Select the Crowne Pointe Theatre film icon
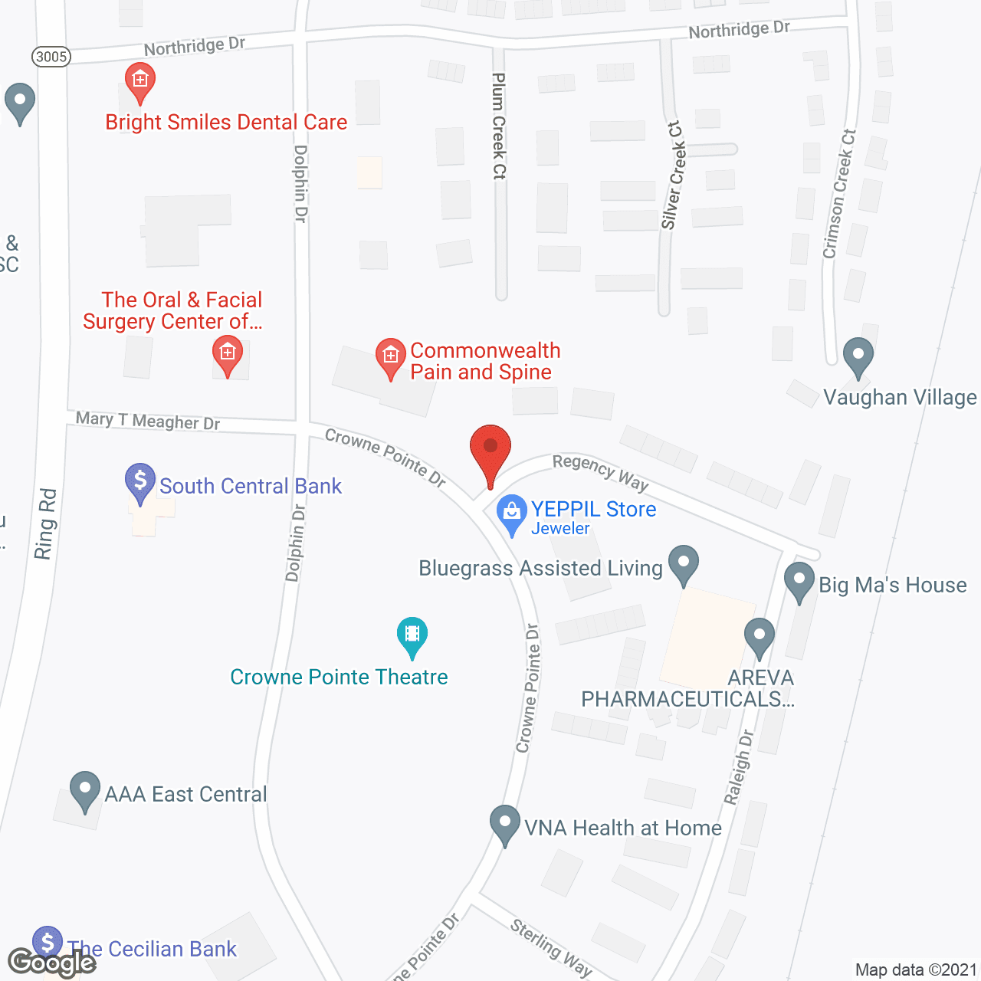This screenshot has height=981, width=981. point(412,635)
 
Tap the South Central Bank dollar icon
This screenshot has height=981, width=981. point(140,482)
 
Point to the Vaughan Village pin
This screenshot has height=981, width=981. point(858,356)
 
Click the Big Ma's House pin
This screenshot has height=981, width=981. point(799,581)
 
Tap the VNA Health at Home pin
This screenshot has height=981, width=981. point(504,824)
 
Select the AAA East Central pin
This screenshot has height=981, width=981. point(85,790)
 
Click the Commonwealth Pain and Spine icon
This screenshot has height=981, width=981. point(390,357)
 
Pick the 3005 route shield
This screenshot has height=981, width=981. point(51,57)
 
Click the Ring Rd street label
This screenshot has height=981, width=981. point(45,523)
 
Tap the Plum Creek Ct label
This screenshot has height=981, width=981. point(499,126)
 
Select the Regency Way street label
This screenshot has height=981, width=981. point(601,471)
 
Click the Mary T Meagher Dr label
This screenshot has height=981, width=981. point(148,421)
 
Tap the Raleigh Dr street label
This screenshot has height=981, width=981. point(739,767)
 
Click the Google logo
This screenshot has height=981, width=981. point(51,962)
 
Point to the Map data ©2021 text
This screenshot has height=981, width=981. point(916,970)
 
